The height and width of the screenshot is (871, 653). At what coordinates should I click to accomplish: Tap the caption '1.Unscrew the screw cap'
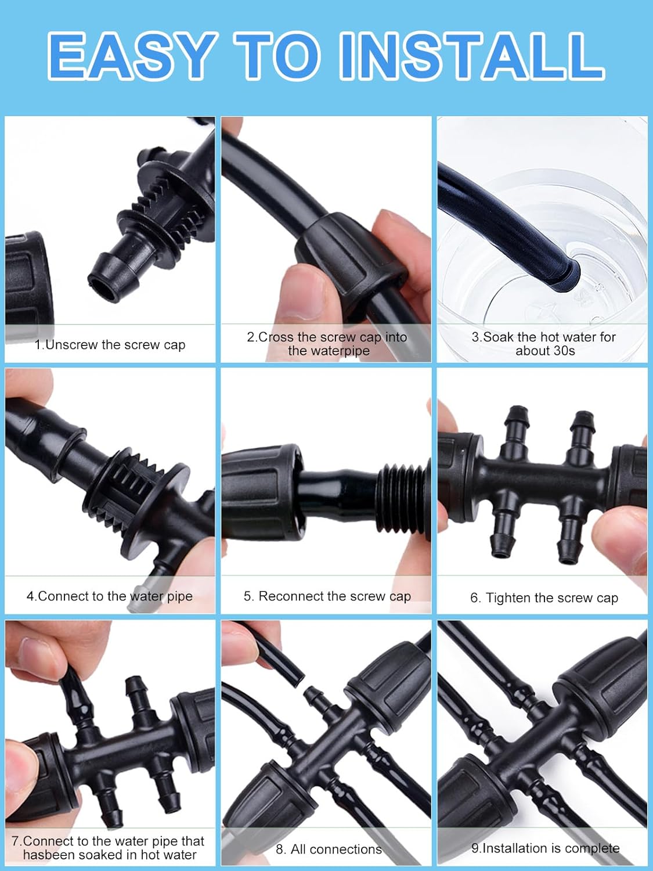[x=110, y=344]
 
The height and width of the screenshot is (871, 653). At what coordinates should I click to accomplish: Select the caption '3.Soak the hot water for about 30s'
[x=544, y=344]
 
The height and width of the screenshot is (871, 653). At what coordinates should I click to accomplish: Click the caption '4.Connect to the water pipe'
[x=110, y=596]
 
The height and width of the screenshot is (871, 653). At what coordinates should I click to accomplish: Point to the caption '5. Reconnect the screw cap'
[x=327, y=596]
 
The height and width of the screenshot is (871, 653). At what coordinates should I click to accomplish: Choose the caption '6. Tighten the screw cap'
[x=544, y=598]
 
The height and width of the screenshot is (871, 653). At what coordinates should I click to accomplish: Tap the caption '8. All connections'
[x=329, y=849]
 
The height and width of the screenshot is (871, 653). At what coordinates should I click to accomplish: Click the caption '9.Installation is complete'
[x=545, y=848]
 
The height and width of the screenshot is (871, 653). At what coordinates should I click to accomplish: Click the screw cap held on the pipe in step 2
[x=342, y=255]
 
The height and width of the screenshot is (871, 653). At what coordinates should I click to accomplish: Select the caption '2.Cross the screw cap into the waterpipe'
[x=327, y=344]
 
